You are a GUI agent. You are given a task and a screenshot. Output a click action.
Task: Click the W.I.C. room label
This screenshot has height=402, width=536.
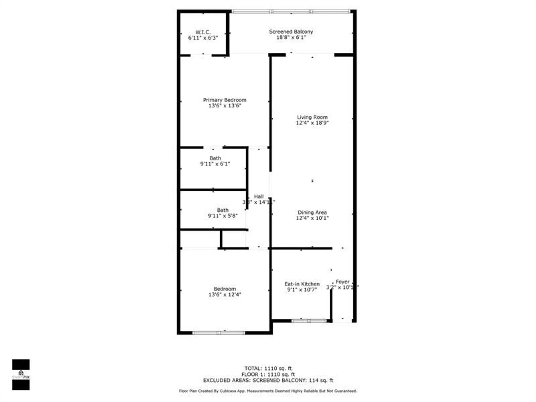tap(203, 32)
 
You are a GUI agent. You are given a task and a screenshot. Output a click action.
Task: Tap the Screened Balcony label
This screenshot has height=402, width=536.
tap(291, 32)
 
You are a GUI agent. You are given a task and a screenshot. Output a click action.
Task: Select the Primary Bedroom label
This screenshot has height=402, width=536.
tap(225, 100)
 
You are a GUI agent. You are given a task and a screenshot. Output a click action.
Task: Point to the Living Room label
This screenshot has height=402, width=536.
tap(312, 117)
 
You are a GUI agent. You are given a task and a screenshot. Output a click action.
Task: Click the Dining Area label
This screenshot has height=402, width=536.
tap(312, 212)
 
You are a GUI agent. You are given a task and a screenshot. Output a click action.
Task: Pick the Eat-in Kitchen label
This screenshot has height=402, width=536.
tap(302, 284)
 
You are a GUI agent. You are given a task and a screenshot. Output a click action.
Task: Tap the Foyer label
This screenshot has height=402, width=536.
tap(343, 282)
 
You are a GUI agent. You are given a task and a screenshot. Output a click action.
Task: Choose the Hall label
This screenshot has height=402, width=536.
tap(259, 196)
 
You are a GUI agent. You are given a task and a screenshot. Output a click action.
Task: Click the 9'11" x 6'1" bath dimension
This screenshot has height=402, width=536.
tap(215, 164)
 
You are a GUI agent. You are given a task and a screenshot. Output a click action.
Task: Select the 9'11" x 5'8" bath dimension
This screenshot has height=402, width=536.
tap(223, 216)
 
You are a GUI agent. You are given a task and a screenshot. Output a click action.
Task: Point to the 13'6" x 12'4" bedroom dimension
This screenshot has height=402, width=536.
tap(225, 295)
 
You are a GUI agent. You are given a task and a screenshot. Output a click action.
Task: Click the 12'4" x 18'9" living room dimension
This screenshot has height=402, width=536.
tap(312, 123)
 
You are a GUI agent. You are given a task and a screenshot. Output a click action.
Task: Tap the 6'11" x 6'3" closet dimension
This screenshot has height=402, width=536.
tap(203, 38)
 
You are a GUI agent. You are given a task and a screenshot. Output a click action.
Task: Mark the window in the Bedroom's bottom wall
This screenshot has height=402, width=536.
tap(219, 333)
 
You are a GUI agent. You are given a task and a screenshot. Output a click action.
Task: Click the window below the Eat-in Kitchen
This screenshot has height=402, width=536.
tap(309, 321)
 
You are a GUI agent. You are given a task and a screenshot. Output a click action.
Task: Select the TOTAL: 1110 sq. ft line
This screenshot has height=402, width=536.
tap(268, 368)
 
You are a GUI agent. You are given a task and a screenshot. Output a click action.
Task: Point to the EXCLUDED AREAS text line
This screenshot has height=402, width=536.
tap(268, 380)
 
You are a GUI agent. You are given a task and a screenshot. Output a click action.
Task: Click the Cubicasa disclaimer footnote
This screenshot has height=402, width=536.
tap(268, 391)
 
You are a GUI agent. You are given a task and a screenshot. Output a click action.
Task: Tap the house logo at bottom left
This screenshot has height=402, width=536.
tap(21, 373)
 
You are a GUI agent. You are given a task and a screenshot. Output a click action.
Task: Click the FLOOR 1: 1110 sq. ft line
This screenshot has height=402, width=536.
tap(268, 374)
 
